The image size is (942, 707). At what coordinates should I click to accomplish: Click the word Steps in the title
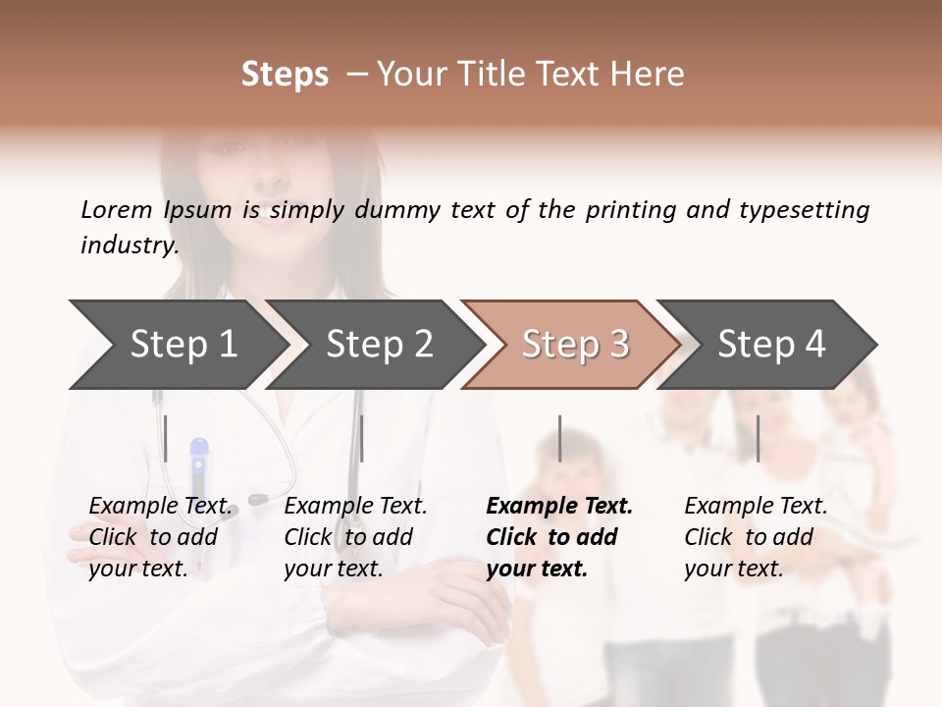(x=285, y=75)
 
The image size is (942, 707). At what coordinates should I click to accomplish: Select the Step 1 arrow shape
(x=177, y=345)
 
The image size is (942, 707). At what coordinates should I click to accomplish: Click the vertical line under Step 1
(x=166, y=438)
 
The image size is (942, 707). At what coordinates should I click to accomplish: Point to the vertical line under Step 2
(x=362, y=438)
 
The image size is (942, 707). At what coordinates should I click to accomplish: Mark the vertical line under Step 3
(x=559, y=438)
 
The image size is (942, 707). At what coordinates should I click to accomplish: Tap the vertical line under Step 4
(x=758, y=438)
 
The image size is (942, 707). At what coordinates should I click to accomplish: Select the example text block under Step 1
(x=160, y=537)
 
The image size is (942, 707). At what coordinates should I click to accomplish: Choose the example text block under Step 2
(x=355, y=537)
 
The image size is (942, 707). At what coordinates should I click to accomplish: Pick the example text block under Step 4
(x=756, y=537)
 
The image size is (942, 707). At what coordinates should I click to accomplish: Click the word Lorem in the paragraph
(x=117, y=210)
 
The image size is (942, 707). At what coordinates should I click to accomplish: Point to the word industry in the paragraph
(x=129, y=245)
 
